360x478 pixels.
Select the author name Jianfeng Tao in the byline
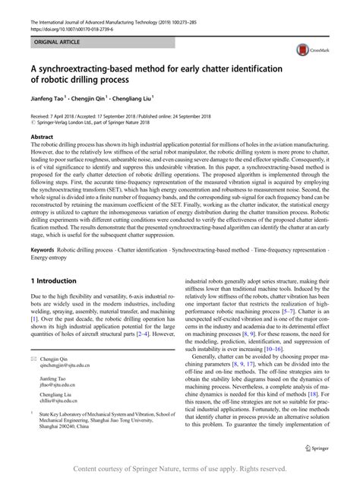pos(50,98)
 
